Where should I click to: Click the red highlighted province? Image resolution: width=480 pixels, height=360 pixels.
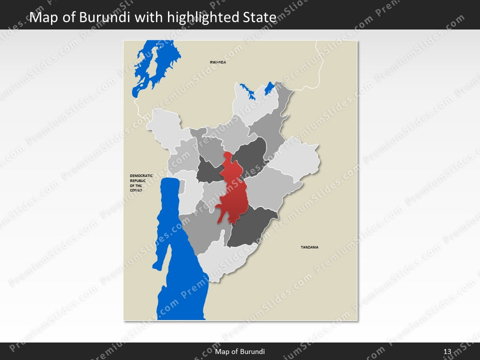(233, 195)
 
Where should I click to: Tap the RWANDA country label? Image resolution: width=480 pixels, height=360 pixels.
(218, 62)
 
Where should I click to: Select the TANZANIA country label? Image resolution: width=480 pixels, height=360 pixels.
(309, 247)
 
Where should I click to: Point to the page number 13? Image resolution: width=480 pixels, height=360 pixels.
(447, 351)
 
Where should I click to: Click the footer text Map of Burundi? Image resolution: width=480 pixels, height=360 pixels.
(240, 351)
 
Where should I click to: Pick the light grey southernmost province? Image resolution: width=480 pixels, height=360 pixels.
(222, 260)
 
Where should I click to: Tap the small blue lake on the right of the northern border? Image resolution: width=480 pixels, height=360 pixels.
(269, 88)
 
